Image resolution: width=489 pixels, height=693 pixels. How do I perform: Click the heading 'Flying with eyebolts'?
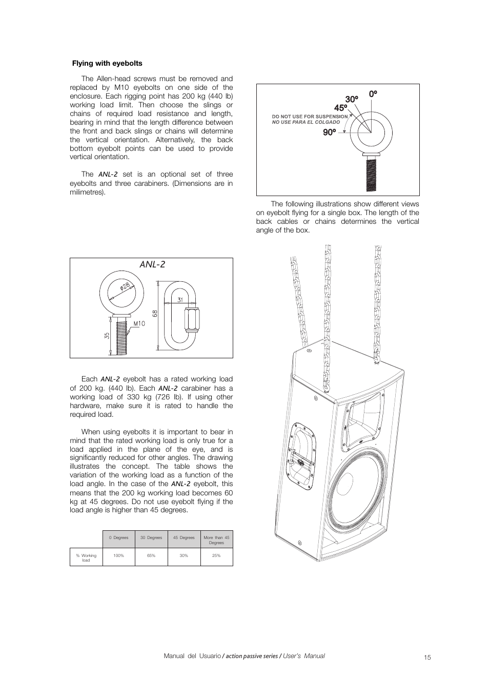107,64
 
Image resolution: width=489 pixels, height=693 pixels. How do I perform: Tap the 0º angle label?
373,94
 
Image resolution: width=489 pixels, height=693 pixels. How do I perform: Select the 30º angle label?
351,99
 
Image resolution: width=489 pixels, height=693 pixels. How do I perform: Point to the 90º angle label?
329,132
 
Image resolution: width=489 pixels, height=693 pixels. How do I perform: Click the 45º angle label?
340,108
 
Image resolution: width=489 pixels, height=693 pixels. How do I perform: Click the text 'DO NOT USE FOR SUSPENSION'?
310,117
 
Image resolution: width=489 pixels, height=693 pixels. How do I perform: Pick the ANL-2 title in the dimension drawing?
152,264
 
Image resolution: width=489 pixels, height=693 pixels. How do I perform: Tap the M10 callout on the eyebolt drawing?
139,323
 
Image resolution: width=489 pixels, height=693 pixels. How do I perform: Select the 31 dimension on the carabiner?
180,299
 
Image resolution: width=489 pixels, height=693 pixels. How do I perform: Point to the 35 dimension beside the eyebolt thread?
107,336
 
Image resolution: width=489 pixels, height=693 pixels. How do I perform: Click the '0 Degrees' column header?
119,538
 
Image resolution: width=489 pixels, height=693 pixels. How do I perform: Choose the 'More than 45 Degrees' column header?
216,540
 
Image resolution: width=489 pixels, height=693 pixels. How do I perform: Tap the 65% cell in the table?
151,555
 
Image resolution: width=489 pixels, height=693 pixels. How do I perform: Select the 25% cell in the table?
216,555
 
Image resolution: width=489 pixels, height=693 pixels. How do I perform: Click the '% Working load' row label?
86,557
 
